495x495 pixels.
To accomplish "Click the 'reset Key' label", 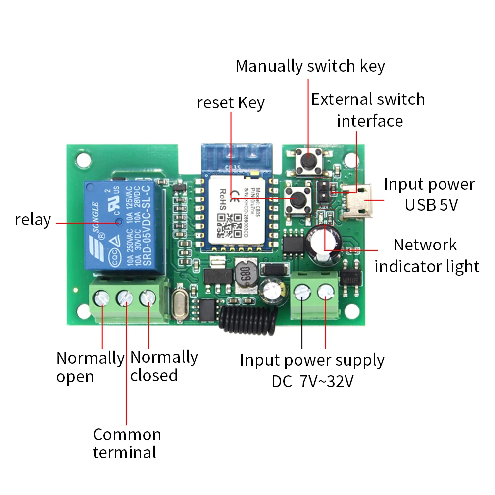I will click(x=231, y=103).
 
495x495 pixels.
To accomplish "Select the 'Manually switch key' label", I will click(x=310, y=66).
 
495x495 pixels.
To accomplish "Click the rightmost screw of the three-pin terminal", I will click(x=148, y=298).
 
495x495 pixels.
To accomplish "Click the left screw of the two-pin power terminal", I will click(x=302, y=294).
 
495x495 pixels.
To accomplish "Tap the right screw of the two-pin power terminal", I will click(x=325, y=294).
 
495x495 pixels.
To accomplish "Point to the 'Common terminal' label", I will click(x=127, y=443).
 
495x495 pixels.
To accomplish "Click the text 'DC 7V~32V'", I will click(x=312, y=382).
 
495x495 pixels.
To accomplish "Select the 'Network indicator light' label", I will click(x=426, y=255).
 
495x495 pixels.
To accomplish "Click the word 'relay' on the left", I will click(x=33, y=220).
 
